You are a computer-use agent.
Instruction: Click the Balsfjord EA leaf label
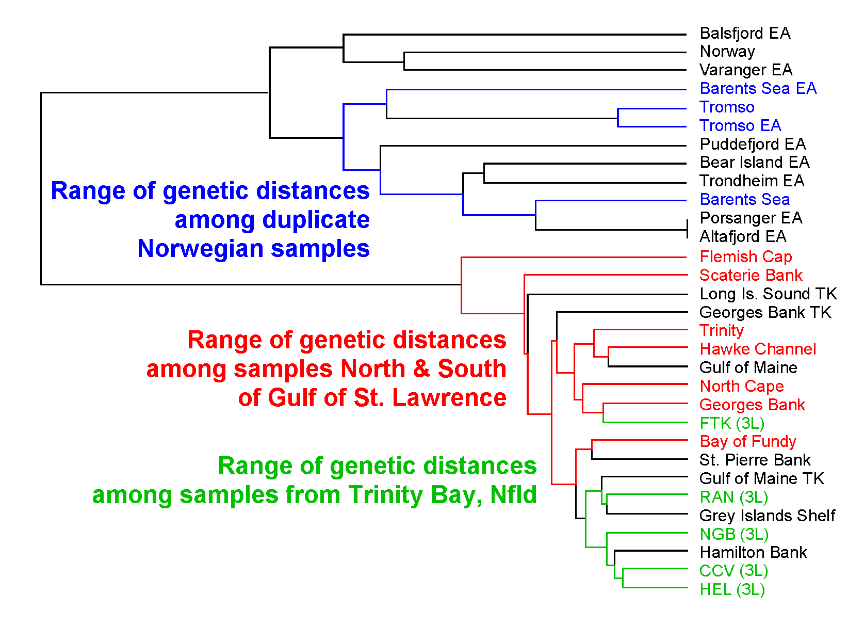coord(744,33)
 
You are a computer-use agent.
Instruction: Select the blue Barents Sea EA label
coord(758,89)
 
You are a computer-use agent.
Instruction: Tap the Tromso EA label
coord(740,125)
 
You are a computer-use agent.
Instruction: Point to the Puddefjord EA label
coord(753,144)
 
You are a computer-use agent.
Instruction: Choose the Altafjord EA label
coord(743,236)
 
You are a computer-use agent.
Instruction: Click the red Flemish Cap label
coord(746,256)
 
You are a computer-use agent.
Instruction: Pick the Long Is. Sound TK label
coord(768,294)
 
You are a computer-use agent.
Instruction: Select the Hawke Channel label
coord(758,349)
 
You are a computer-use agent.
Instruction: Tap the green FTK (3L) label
coord(732,423)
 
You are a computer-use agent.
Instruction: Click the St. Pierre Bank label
coord(755,460)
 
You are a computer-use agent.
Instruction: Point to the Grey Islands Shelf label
coord(767,516)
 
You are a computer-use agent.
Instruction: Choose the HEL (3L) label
coord(732,590)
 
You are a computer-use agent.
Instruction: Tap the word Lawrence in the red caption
coord(449,397)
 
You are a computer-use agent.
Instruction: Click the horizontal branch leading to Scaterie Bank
coord(606,275)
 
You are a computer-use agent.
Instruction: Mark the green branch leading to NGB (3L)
coord(647,533)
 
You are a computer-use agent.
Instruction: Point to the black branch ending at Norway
coord(545,52)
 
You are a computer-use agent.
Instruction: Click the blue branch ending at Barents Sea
coord(610,201)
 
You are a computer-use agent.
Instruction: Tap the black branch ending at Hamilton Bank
coord(651,550)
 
